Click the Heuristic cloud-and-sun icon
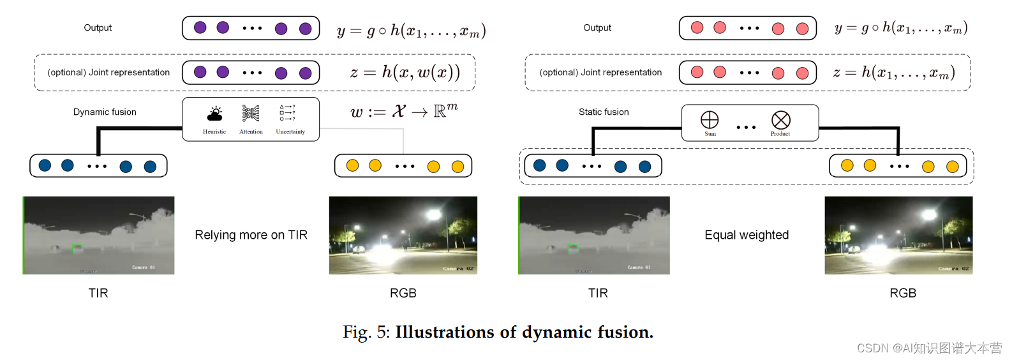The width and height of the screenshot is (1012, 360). (x=215, y=114)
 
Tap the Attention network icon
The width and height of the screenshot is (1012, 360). (x=251, y=114)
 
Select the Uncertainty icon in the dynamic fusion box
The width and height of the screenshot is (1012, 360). (x=288, y=113)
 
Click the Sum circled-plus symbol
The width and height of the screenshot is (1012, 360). (x=710, y=119)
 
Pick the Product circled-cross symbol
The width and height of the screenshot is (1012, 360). (x=780, y=119)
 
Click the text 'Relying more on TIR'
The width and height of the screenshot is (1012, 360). (x=251, y=235)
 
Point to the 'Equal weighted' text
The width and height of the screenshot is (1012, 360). (x=747, y=235)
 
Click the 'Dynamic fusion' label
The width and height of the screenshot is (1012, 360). (x=105, y=112)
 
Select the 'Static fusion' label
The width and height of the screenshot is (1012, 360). (x=604, y=112)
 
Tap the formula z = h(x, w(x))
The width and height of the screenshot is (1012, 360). (x=405, y=72)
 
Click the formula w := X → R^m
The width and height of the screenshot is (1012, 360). (x=404, y=111)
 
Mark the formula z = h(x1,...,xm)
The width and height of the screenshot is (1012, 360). (x=894, y=72)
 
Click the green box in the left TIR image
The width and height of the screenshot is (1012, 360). (x=78, y=248)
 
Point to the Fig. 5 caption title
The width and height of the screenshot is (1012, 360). (x=498, y=332)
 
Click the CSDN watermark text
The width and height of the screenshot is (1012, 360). (x=929, y=348)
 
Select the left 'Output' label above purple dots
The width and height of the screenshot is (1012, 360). (x=98, y=27)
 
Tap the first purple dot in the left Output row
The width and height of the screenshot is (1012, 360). (x=200, y=27)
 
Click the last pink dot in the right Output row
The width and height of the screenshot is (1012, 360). (x=802, y=28)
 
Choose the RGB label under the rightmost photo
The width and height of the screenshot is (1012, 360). (x=903, y=293)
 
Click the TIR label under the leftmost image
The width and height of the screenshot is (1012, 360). (x=98, y=293)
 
